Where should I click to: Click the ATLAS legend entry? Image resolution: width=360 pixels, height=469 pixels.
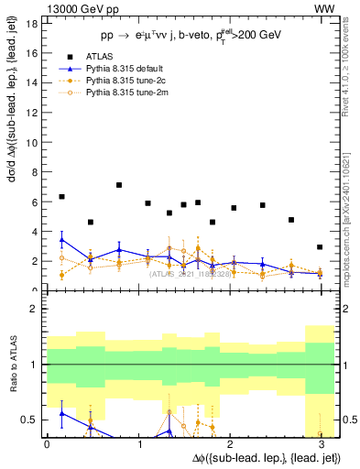100,81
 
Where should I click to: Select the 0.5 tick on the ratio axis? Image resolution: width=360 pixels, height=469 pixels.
29,419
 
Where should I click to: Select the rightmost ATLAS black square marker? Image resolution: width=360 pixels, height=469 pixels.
319,247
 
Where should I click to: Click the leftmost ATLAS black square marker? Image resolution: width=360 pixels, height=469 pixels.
61,197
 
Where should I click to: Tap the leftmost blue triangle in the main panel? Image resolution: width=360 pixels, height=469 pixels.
61,240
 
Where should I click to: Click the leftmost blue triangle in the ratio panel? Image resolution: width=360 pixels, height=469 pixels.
61,413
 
